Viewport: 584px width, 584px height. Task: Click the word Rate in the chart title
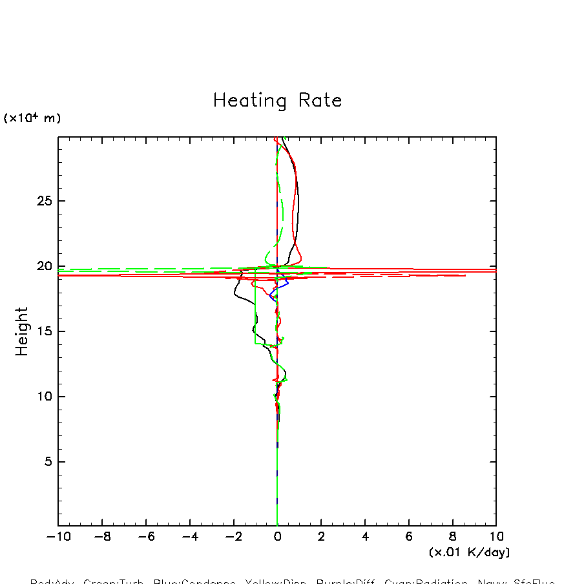click(x=320, y=101)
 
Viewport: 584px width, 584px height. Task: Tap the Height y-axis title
click(x=22, y=331)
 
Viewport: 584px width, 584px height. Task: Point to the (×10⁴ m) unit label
click(x=32, y=118)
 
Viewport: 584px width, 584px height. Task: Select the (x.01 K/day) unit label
click(x=469, y=552)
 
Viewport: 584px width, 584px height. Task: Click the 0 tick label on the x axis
click(x=277, y=537)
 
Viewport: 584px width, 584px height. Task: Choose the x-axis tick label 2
click(x=321, y=537)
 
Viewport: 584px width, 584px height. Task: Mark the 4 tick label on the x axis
click(x=365, y=537)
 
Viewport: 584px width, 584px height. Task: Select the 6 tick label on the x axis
click(x=409, y=537)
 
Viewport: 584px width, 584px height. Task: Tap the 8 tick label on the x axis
click(x=453, y=537)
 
